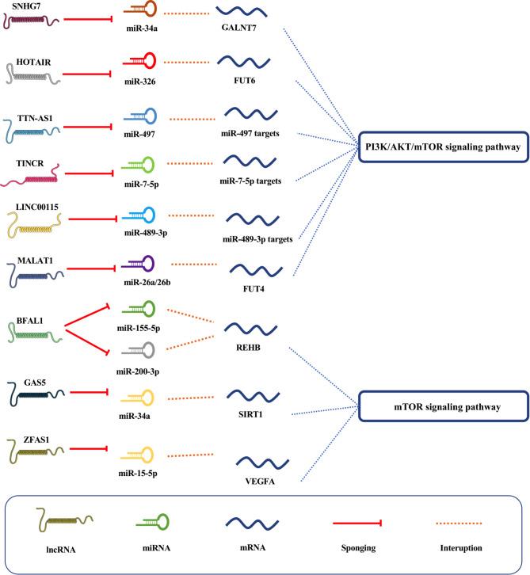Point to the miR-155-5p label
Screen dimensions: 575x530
click(x=140, y=326)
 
